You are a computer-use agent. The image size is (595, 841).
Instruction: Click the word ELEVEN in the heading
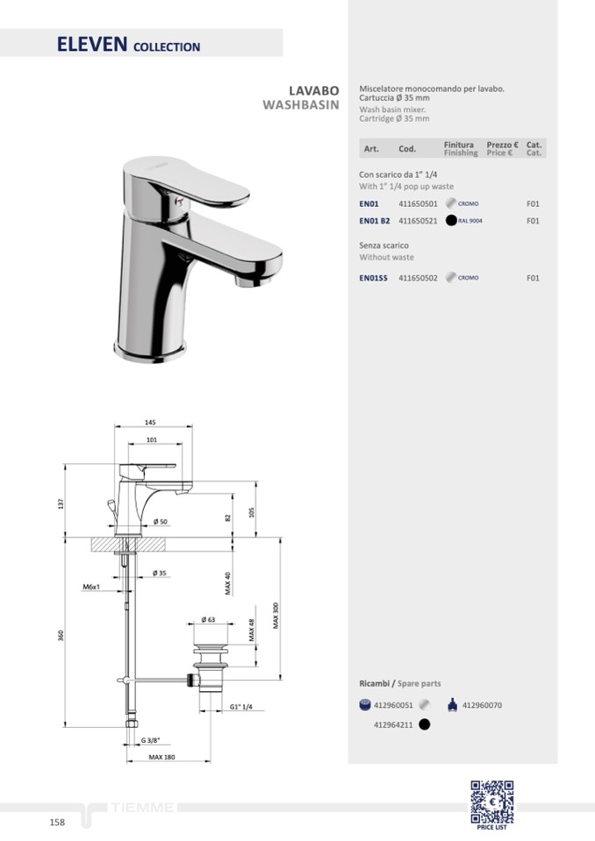[x=92, y=44]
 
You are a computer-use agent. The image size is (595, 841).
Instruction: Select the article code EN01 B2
[x=375, y=221]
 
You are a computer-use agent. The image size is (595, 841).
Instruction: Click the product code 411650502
[x=418, y=278]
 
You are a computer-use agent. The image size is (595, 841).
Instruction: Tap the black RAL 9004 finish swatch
[x=451, y=220]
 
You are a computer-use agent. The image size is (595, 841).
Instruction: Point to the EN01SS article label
[x=373, y=278]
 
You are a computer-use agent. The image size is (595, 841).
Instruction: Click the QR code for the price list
[x=492, y=802]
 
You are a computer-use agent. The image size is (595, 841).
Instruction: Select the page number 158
[x=57, y=823]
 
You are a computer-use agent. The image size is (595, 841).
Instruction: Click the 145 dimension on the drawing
[x=150, y=422]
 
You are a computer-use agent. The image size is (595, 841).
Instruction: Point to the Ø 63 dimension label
[x=208, y=619]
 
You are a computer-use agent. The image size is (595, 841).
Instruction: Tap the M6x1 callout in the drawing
[x=91, y=588]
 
